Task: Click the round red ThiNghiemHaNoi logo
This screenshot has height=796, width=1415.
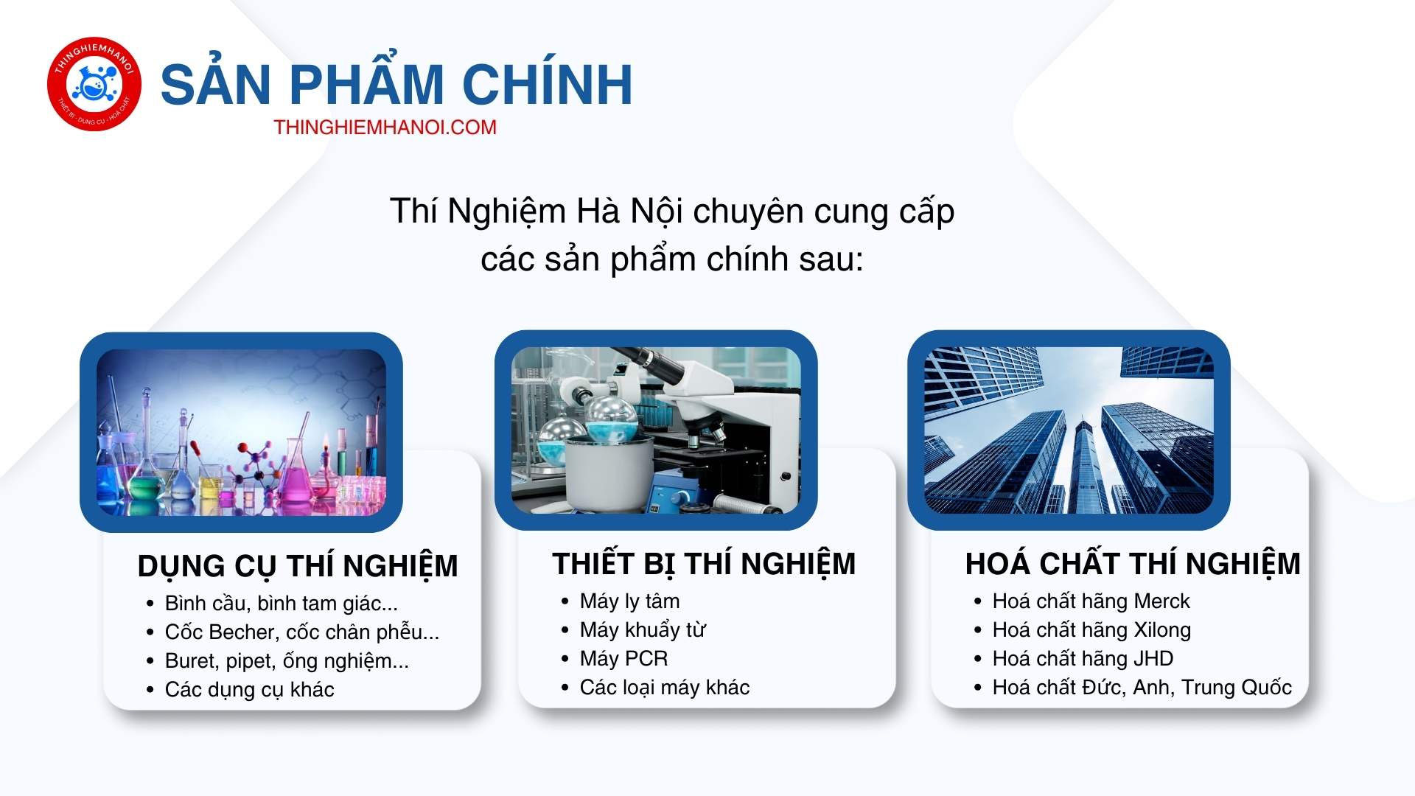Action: pos(94,84)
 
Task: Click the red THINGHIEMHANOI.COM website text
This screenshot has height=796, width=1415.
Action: pos(385,128)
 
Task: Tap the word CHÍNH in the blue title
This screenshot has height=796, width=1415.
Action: pos(548,85)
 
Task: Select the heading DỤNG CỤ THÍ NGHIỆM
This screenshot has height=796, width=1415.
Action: pos(298,566)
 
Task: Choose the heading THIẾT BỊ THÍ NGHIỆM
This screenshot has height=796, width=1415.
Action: pos(704,564)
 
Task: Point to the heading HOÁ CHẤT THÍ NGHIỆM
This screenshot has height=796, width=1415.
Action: pos(1133,564)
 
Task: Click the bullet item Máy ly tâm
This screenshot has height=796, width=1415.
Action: pos(629,601)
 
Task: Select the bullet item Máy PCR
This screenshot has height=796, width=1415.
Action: pos(623,658)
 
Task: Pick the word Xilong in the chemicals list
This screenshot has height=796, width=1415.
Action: pos(1162,630)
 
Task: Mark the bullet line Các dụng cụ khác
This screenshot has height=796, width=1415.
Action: pos(249,690)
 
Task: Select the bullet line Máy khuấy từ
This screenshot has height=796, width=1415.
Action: pos(643,630)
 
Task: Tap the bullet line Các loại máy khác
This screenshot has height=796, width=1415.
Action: pos(664,688)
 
